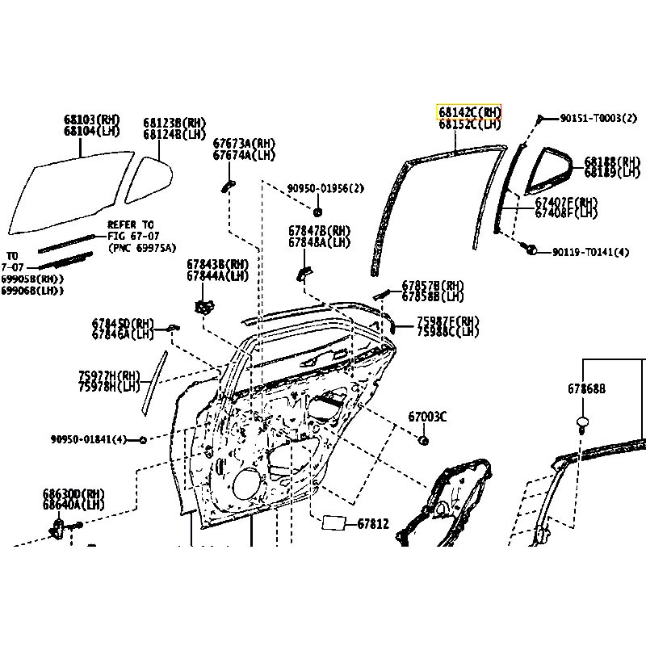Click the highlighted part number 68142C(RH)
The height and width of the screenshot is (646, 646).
point(469,111)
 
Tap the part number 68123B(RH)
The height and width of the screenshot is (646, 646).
point(174,123)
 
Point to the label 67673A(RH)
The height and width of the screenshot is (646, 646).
point(244,143)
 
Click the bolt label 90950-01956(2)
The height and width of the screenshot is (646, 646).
point(325,189)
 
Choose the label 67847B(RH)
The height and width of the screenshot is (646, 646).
point(319,230)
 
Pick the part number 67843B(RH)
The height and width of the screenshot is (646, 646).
point(218,264)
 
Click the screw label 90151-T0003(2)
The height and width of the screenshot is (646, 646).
point(593,118)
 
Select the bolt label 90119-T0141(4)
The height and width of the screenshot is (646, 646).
point(590,252)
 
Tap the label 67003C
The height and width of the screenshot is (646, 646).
point(427,417)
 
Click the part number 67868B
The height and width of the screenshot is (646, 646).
point(585,388)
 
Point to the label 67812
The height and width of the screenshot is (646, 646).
point(373,523)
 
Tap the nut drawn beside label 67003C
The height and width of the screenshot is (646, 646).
point(422,441)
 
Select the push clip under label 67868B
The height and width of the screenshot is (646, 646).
point(582,422)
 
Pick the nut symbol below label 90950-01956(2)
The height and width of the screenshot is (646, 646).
point(316,199)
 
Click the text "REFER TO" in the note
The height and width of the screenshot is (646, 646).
point(131,225)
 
